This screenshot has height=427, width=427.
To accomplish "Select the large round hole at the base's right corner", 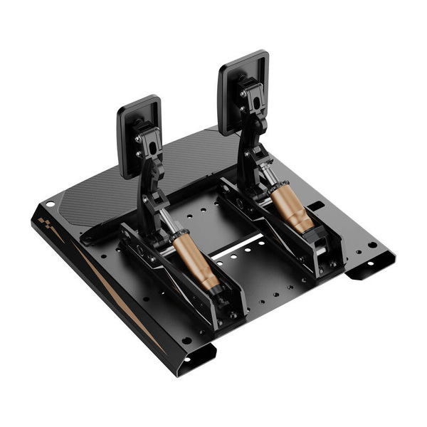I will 371,245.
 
